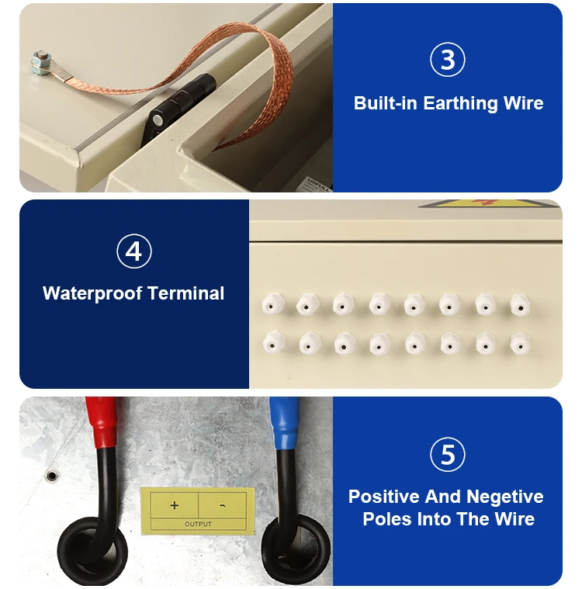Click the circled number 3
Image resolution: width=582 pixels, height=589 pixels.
447,60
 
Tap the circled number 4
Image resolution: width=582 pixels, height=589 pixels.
134,251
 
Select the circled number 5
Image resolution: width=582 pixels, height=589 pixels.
447,455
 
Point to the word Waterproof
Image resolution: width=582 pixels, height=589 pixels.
92,293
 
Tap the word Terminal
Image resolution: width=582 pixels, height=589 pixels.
185,293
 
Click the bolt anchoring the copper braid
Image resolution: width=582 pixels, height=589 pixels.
41,62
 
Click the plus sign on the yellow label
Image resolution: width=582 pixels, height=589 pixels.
174,505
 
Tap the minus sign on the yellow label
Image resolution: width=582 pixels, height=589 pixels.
223,506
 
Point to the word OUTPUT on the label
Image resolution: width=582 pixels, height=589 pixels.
198,524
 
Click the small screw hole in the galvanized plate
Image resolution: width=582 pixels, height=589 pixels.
52,476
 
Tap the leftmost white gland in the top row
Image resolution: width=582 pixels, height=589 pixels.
272,304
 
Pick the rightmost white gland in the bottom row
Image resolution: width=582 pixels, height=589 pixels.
520,344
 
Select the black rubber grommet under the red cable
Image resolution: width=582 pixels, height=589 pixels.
92,552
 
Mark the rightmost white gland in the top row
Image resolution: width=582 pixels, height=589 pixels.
520,305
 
